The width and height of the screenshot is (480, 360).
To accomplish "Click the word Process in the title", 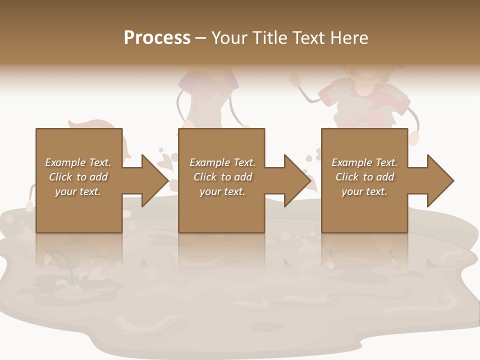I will point(157,38).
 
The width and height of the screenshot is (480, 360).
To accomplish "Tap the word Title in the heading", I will point(270,38).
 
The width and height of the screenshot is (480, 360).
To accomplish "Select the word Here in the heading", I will point(350,38).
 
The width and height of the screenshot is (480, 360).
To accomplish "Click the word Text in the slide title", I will point(310,38).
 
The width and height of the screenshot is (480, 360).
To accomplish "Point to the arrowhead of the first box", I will point(153,180).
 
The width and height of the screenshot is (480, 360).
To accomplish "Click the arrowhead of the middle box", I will point(296,180).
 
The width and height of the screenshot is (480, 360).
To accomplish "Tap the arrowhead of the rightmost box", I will point(439,180).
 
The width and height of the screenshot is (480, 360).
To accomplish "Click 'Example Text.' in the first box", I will point(78,162).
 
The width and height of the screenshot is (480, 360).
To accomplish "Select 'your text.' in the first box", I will point(78,191).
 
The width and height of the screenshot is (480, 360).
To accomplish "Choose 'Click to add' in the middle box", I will point(222,177).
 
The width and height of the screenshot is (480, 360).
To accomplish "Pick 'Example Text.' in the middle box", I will point(222,162).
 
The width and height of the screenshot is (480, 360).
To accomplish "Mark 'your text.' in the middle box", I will point(222,191).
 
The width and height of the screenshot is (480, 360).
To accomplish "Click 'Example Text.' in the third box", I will point(364,162).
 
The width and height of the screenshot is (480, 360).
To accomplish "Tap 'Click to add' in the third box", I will point(364,177).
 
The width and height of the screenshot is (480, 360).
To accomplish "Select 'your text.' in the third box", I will point(364,191).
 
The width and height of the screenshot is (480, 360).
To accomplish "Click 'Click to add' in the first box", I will point(78,177).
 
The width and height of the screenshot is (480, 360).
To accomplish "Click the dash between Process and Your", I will point(200,38).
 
